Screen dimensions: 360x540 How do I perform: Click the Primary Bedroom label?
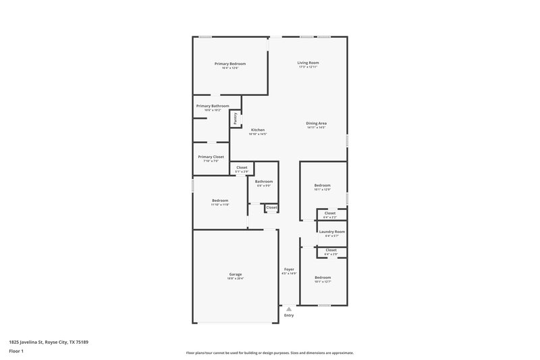pyautogui.click(x=230, y=63)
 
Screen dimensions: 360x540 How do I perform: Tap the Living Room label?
pyautogui.click(x=308, y=63)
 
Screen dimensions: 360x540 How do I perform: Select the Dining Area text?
pyautogui.click(x=316, y=123)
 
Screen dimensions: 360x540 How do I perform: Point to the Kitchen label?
pyautogui.click(x=258, y=130)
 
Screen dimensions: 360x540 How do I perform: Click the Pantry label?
pyautogui.click(x=236, y=118)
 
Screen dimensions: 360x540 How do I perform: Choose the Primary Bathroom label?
pyautogui.click(x=213, y=106)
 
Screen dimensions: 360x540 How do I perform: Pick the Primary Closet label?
pyautogui.click(x=211, y=157)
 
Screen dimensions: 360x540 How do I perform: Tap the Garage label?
pyautogui.click(x=236, y=274)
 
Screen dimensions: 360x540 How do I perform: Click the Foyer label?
pyautogui.click(x=289, y=269)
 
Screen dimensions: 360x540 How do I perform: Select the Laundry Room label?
pyautogui.click(x=331, y=232)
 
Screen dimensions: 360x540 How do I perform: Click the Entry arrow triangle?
pyautogui.click(x=289, y=309)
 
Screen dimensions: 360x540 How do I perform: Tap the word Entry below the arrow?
pyautogui.click(x=289, y=315)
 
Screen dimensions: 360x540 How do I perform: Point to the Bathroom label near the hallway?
pyautogui.click(x=264, y=181)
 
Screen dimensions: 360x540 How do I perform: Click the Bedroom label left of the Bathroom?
pyautogui.click(x=220, y=200)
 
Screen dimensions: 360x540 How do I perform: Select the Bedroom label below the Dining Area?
pyautogui.click(x=322, y=185)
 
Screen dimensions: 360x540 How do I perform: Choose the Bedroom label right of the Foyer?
pyautogui.click(x=322, y=277)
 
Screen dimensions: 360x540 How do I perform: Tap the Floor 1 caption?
pyautogui.click(x=17, y=352)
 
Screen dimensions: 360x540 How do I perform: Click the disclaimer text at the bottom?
pyautogui.click(x=270, y=353)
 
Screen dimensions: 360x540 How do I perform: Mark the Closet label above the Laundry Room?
pyautogui.click(x=330, y=213)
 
